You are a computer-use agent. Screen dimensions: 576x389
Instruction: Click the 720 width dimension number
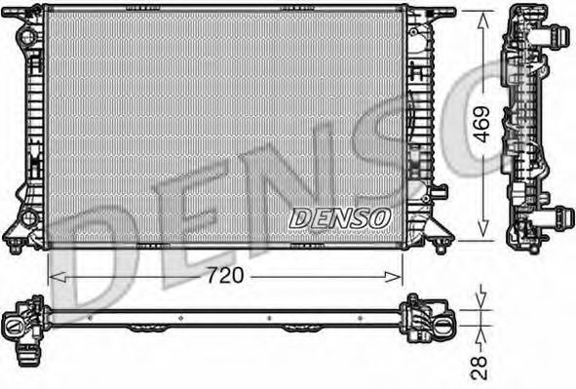pyautogui.click(x=225, y=276)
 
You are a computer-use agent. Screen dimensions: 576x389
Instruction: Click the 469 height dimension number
pyautogui.click(x=481, y=124)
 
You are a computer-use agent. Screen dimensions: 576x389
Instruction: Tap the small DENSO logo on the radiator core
pyautogui.click(x=339, y=218)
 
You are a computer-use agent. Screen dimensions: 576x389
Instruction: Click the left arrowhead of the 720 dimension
pyautogui.click(x=58, y=277)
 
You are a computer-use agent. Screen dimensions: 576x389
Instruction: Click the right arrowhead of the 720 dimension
pyautogui.click(x=394, y=277)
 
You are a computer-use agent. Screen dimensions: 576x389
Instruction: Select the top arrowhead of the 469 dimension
pyautogui.click(x=482, y=19)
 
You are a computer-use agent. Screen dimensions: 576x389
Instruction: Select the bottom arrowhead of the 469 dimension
pyautogui.click(x=482, y=228)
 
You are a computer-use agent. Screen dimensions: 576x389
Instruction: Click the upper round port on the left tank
pyautogui.click(x=27, y=37)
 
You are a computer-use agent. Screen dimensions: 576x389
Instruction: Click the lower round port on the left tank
pyautogui.click(x=28, y=217)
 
